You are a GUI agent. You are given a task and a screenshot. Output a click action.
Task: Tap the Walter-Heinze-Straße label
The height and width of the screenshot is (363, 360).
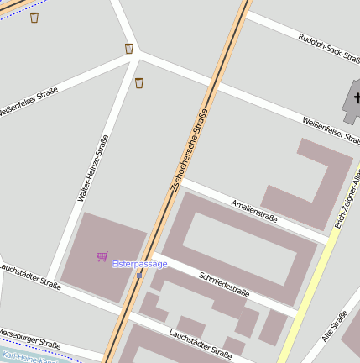pos(93,169)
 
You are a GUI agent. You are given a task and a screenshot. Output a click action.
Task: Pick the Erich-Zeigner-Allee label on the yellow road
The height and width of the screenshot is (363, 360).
pos(351,197)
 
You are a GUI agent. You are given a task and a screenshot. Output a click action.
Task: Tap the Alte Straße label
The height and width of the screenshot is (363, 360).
pos(335,327)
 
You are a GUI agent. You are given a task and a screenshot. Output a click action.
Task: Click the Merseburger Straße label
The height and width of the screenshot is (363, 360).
pos(29,337)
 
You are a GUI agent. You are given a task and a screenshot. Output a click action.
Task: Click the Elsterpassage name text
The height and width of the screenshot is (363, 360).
pos(139,264)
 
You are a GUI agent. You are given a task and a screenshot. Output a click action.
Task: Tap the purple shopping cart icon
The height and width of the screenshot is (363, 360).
pos(102,256)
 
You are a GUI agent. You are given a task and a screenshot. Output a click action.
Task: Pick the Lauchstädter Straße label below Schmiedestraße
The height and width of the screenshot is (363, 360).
pos(200,343)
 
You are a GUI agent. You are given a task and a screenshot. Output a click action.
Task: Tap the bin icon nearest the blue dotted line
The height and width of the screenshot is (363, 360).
pos(34,18)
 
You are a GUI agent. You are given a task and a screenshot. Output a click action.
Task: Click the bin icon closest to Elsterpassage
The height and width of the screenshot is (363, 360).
pos(138,82)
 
